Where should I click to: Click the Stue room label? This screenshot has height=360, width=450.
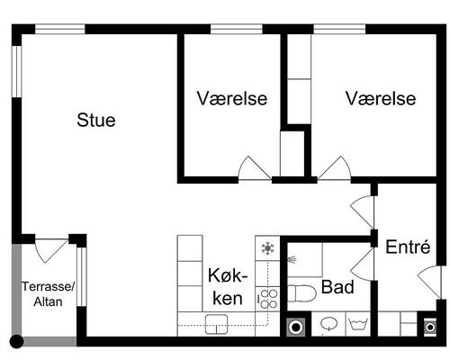[x=96, y=120]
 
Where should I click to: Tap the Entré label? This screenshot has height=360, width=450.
[x=408, y=247]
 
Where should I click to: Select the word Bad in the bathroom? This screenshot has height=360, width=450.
[x=337, y=287]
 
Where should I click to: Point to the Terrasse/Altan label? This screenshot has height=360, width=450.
[x=48, y=294]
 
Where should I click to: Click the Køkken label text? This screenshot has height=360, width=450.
[x=228, y=286]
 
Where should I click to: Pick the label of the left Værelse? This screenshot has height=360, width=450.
[x=232, y=98]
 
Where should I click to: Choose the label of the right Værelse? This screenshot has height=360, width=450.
[x=381, y=98]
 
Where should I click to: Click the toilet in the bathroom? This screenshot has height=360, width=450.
[x=301, y=293]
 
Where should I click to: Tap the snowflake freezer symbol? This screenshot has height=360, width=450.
[x=267, y=248]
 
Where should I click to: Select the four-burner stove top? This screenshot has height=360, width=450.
[x=267, y=299]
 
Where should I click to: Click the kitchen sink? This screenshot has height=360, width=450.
[x=216, y=324]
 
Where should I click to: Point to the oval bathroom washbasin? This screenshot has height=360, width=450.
[x=329, y=324]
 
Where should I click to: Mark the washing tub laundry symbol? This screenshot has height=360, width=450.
[x=358, y=324]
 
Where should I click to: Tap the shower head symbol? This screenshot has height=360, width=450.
[x=292, y=259]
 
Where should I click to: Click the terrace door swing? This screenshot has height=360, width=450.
[x=51, y=250]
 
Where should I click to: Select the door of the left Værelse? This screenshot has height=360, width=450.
[x=255, y=168]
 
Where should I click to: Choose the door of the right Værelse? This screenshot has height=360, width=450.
[x=335, y=168]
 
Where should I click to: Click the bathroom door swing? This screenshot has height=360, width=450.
[x=363, y=265]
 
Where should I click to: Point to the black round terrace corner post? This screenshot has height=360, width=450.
[x=16, y=341]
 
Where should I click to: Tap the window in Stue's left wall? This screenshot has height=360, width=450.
[x=17, y=71]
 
